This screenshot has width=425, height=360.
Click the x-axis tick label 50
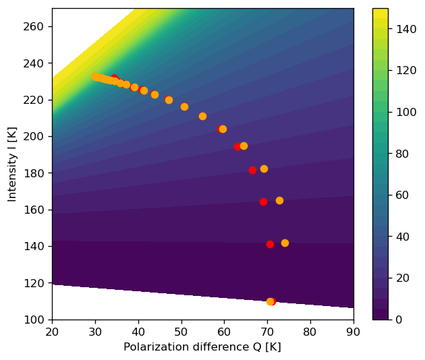click(181, 332)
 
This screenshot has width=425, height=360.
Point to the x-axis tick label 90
click(353, 332)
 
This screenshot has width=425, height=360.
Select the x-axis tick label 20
click(52, 332)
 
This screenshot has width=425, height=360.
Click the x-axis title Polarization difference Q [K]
click(202, 347)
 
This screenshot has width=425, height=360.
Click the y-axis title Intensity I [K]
click(11, 164)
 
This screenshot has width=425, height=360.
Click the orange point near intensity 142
click(285, 243)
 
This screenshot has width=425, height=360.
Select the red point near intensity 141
click(270, 244)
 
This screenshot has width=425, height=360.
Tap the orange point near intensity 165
click(279, 200)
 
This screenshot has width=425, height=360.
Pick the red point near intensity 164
click(263, 202)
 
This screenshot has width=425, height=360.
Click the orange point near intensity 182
click(264, 169)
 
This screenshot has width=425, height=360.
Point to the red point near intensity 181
click(252, 170)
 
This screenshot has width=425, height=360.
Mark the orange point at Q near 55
click(202, 116)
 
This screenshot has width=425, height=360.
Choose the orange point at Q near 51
click(184, 107)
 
